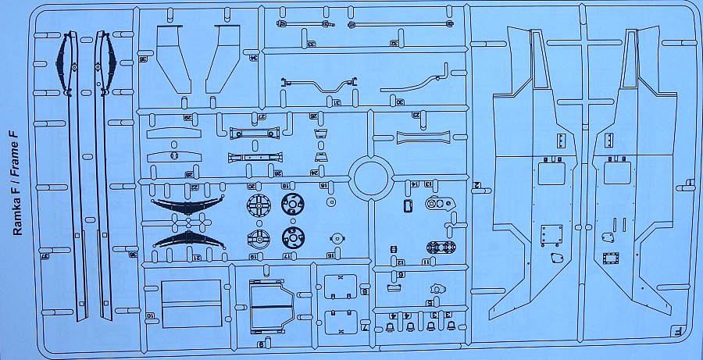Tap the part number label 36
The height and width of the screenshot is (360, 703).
pyautogui.click(x=143, y=59)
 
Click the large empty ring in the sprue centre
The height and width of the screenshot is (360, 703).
pyautogui.click(x=371, y=177)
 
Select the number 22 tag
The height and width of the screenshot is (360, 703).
pyautogui.click(x=193, y=187)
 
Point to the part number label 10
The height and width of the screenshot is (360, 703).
pyautogui.click(x=148, y=315)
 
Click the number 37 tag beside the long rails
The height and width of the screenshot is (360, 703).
pyautogui.click(x=45, y=254)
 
